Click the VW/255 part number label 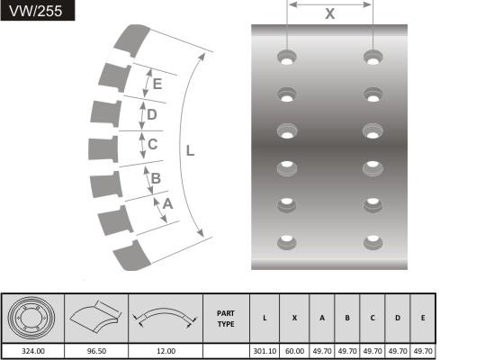36,11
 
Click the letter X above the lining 329,13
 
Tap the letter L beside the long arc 190,150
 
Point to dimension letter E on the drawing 157,84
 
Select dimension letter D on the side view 151,114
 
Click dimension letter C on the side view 152,144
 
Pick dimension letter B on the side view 156,178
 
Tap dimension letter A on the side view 167,204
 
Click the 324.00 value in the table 33,351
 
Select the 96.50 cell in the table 96,351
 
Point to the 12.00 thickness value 166,351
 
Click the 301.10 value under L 265,351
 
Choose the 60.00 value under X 294,351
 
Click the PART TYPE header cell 226,319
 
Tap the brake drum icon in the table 31,317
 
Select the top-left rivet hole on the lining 287,57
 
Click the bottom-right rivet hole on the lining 373,242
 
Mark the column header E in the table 423,318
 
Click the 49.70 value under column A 322,351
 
